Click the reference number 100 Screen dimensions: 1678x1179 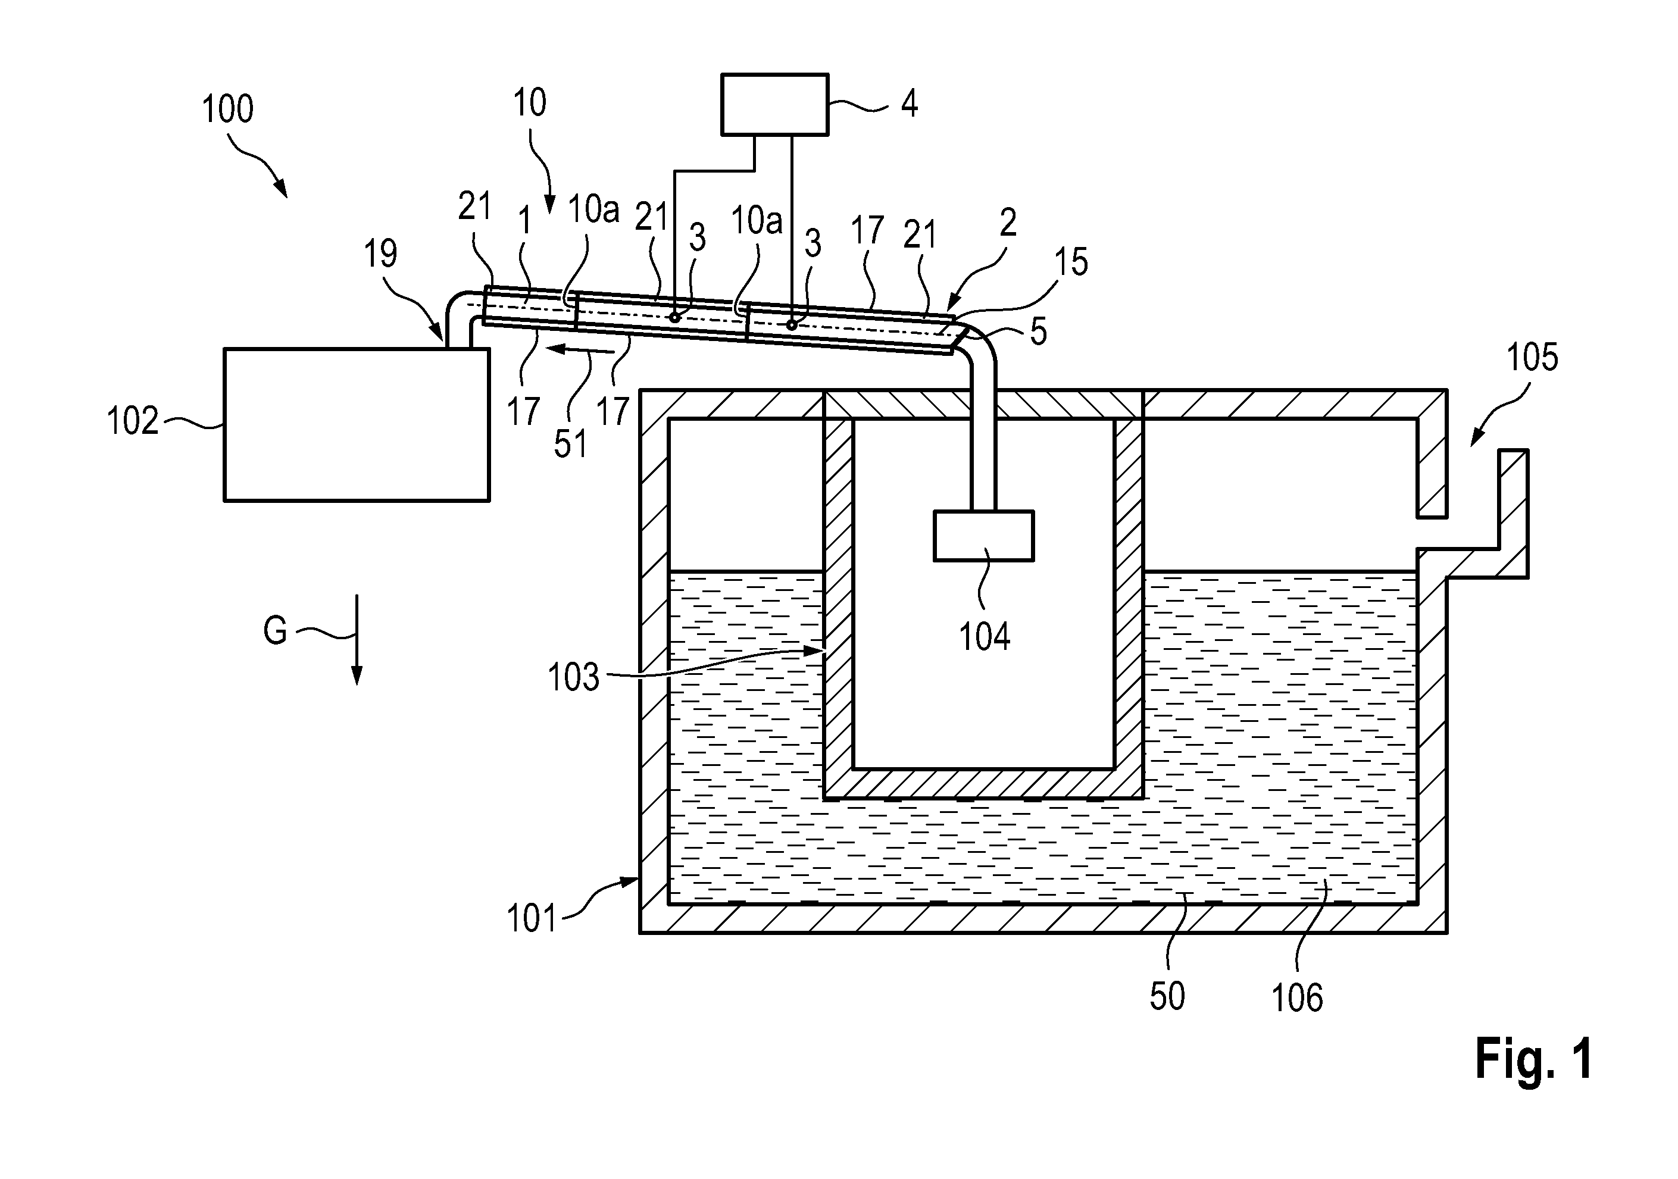(227, 109)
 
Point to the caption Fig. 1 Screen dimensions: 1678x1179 (1534, 1059)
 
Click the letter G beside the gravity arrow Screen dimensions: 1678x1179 (275, 630)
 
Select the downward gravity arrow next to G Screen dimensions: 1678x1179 (357, 640)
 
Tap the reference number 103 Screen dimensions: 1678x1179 (574, 677)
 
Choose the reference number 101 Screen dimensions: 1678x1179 (532, 918)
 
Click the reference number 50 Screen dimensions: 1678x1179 (1167, 996)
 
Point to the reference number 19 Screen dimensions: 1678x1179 (381, 254)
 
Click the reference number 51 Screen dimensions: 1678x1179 (570, 443)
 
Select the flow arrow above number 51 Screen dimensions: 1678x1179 (581, 349)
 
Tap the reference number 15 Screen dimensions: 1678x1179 (1071, 262)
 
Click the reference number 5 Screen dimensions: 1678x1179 (1039, 331)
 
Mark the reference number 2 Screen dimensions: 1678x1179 (1008, 222)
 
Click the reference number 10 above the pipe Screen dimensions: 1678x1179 (529, 102)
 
